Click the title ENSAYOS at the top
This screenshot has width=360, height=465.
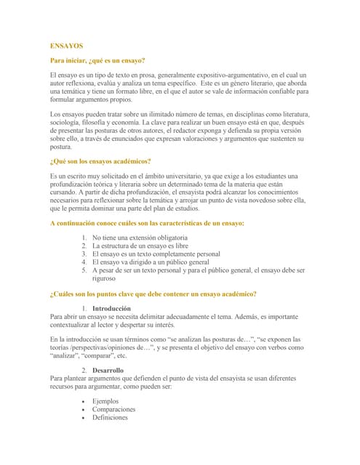click(66, 46)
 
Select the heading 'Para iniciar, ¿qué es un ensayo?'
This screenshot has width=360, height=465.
click(97, 60)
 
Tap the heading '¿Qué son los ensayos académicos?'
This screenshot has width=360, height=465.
click(100, 161)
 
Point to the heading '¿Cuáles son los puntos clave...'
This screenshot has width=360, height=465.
click(153, 294)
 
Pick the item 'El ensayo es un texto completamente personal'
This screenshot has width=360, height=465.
click(156, 254)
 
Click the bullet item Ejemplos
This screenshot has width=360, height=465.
click(105, 401)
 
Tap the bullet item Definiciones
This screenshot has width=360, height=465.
click(110, 418)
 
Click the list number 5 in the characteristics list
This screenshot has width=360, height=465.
click(84, 270)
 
